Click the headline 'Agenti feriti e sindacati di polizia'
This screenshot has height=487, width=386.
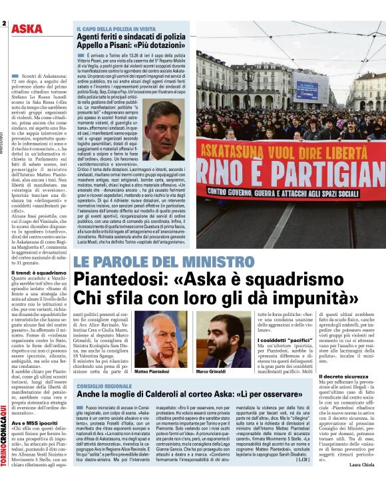pyautogui.click(x=130, y=37)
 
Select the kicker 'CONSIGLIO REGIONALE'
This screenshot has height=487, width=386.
pyautogui.click(x=104, y=386)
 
